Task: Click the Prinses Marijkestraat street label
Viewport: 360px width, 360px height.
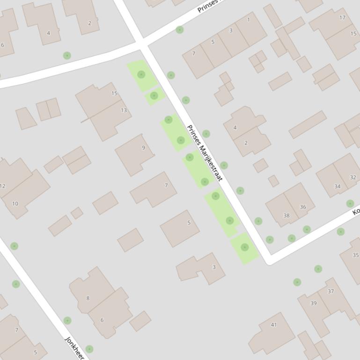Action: (x=204, y=153)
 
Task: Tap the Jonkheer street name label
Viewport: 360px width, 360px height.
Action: (x=74, y=347)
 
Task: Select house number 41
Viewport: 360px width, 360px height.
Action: (x=273, y=325)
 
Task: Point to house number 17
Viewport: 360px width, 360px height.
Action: (x=342, y=18)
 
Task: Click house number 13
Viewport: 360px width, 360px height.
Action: (x=124, y=110)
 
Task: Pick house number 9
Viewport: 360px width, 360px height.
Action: (x=143, y=148)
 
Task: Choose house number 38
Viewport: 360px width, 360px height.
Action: (x=286, y=216)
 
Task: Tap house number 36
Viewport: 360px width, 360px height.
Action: (x=303, y=207)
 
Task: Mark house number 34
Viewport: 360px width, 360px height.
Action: (x=337, y=186)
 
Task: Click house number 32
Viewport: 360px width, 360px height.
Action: (x=353, y=177)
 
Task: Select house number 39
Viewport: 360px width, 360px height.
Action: (x=313, y=303)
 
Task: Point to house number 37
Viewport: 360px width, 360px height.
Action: (x=331, y=291)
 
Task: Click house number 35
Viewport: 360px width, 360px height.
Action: (x=355, y=255)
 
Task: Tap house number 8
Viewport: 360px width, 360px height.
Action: (x=88, y=298)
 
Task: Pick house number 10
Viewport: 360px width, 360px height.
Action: (x=15, y=203)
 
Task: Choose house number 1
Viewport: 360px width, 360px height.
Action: (x=248, y=20)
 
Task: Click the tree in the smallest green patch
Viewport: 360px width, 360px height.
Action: (x=154, y=95)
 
